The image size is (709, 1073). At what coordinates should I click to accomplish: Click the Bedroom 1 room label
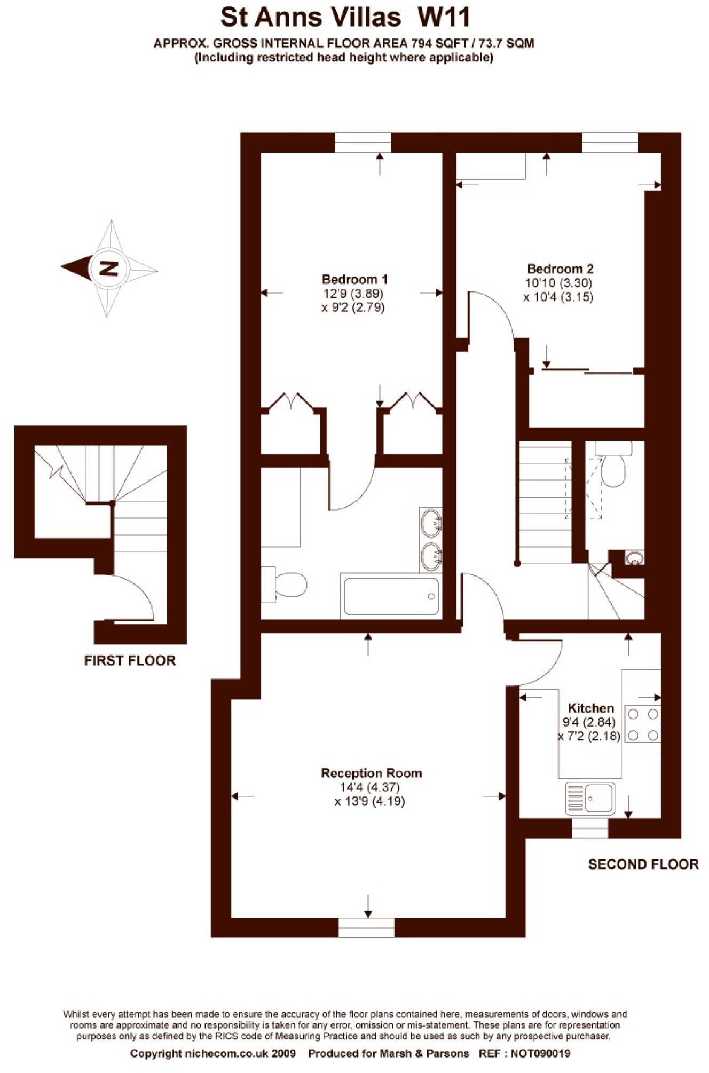354,279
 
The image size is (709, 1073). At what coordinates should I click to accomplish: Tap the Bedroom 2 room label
560,269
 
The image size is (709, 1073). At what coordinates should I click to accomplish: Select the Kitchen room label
590,708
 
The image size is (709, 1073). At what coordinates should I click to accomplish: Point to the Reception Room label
371,773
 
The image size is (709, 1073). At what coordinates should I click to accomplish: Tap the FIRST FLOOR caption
130,660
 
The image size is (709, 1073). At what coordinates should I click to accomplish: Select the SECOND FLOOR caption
643,864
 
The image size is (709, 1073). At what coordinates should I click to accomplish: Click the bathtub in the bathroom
391,596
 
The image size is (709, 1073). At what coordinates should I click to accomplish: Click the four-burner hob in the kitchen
643,724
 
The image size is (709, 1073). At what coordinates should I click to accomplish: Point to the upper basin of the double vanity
431,523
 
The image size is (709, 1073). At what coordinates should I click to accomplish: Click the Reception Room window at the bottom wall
366,928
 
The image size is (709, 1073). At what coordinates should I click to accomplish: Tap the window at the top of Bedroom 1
363,143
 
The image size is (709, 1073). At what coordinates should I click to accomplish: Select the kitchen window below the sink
589,829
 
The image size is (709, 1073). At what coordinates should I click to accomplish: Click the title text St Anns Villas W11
345,18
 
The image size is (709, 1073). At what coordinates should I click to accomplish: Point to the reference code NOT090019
540,1053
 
